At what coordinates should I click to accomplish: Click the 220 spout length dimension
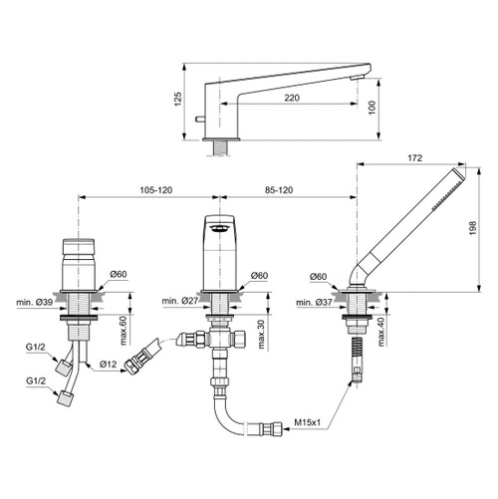290,98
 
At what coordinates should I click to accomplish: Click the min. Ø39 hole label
32,302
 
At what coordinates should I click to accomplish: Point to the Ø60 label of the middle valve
259,276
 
